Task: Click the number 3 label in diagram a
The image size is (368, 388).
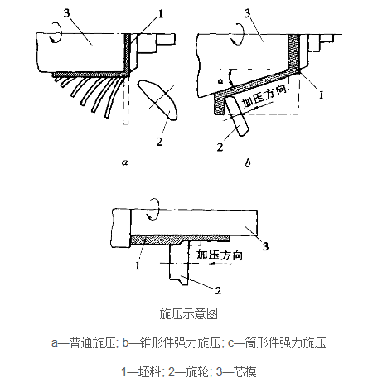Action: pos(67,12)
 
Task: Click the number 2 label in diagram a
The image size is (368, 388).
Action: pos(159,142)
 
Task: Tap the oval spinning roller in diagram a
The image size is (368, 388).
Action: pos(157,99)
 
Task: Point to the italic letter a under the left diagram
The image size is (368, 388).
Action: pos(125,162)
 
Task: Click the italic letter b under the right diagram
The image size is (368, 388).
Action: pos(248,162)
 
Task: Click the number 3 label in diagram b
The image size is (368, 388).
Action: pos(248,13)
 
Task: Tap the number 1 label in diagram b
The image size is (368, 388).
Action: pos(322,95)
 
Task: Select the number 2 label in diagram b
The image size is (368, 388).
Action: pos(220,147)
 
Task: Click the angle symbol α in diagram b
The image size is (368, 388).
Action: pos(220,81)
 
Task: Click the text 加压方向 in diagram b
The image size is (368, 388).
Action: pos(264,96)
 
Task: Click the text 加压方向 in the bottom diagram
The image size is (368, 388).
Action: pos(220,255)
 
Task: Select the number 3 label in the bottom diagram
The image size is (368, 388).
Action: pos(265,245)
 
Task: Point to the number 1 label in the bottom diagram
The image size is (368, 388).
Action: pos(138,266)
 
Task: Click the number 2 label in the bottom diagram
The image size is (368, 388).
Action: pos(218,290)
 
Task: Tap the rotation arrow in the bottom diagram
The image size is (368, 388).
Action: pos(153,209)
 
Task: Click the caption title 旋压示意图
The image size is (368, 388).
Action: pos(189,313)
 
